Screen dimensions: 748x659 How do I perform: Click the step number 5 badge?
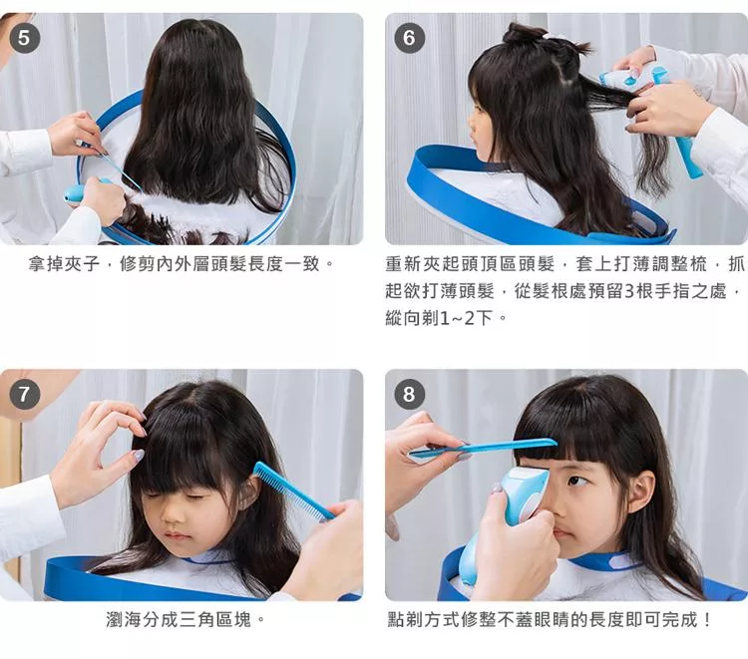pos(24,37)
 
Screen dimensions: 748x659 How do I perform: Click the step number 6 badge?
pos(409,38)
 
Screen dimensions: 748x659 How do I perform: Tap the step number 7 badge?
pos(24,395)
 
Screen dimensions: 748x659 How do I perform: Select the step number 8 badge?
pos(409,394)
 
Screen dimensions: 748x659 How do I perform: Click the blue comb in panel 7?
pos(292,491)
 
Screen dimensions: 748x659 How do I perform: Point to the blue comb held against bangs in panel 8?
pos(483,450)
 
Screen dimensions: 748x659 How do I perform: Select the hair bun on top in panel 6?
pos(525,32)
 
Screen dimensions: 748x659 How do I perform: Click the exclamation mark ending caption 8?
pos(706,619)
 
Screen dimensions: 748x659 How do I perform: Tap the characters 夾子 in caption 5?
pos(82,263)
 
